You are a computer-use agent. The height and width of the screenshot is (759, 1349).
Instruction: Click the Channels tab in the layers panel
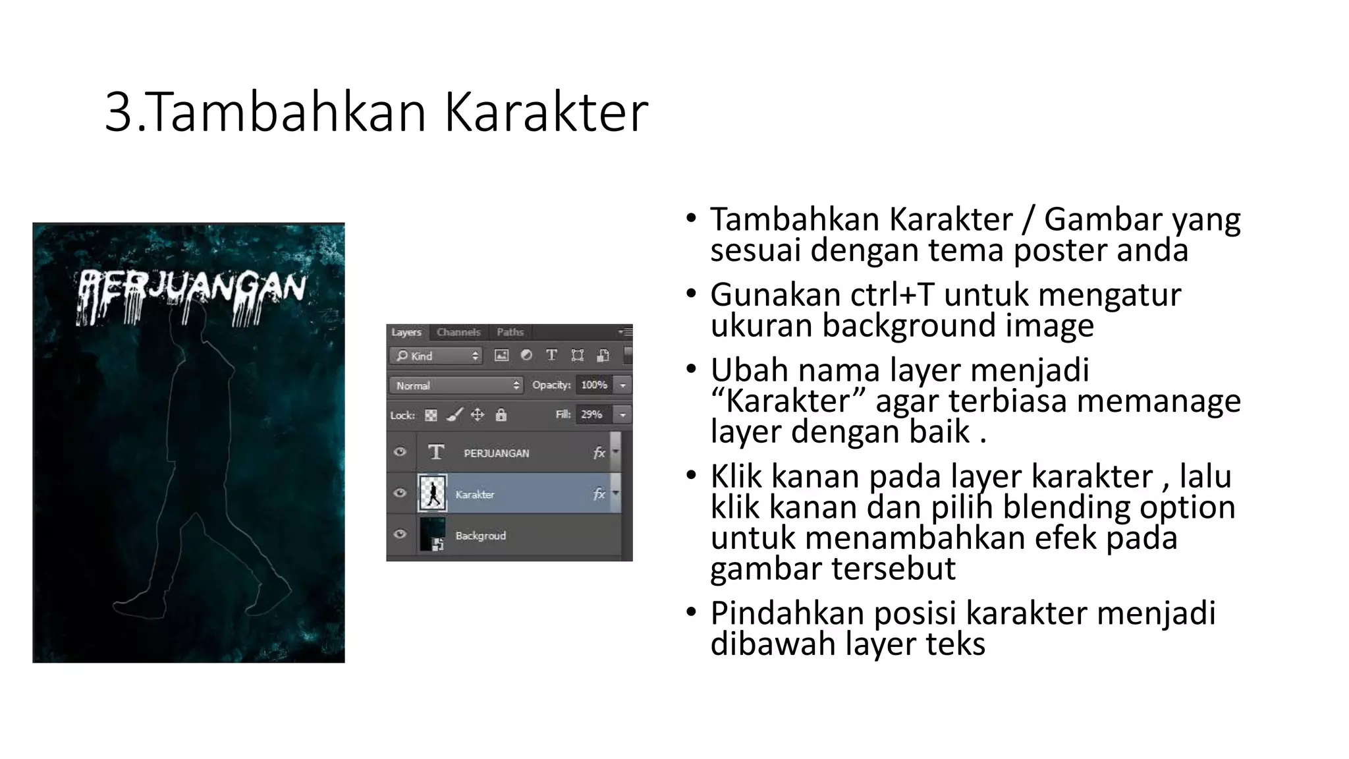tap(458, 332)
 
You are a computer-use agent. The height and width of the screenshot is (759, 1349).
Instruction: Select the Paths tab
tap(510, 332)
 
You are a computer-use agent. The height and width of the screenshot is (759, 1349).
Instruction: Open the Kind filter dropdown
tap(437, 356)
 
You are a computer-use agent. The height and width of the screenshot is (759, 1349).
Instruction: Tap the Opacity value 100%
tap(593, 385)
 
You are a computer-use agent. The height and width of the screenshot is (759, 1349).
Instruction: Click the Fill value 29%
tap(591, 414)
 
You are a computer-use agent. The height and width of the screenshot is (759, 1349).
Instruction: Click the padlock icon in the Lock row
tap(501, 415)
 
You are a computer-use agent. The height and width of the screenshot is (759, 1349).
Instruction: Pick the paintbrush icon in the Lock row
tap(454, 415)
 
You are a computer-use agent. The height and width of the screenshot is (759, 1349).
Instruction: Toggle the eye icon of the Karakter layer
tap(400, 493)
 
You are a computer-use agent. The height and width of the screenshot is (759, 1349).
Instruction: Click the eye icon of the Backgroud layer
tap(400, 534)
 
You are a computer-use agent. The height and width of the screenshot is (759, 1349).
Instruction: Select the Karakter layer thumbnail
tap(432, 493)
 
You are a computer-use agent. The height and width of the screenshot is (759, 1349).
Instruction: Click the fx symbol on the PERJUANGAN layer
tap(599, 453)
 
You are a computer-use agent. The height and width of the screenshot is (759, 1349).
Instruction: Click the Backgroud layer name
tap(481, 536)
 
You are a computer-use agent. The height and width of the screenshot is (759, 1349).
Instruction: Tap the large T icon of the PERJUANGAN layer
tap(435, 453)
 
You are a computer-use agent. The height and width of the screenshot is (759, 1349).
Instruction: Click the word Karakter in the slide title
tap(546, 112)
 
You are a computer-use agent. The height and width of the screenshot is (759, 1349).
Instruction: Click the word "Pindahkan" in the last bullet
tap(786, 613)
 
